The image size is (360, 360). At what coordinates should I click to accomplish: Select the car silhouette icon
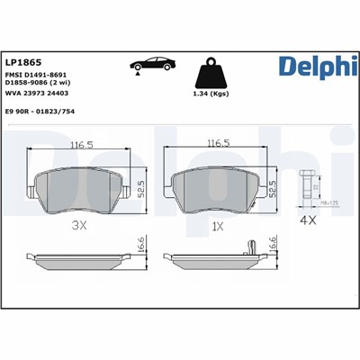click(x=153, y=66)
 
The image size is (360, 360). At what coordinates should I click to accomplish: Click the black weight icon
click(x=210, y=68)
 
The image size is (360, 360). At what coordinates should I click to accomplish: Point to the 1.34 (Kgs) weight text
click(x=211, y=94)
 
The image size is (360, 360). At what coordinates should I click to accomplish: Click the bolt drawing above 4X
click(x=307, y=185)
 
